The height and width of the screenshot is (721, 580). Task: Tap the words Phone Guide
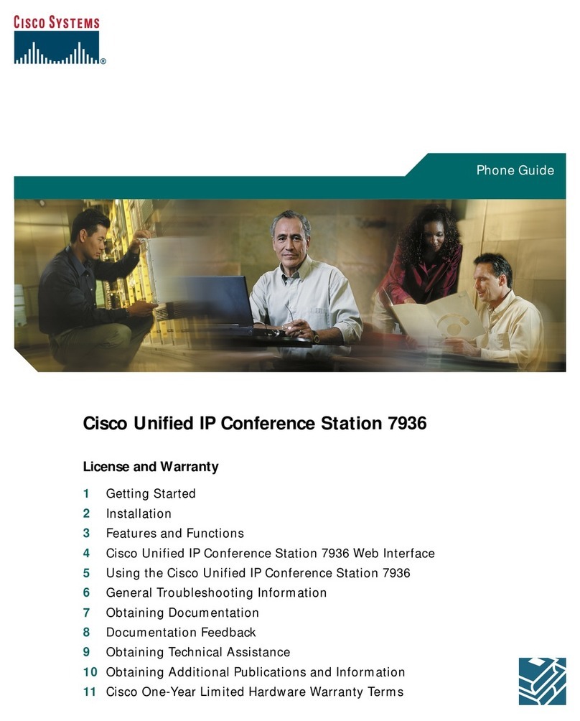(x=515, y=170)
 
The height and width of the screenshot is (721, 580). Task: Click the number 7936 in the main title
(x=407, y=424)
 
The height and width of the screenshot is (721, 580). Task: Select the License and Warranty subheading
(x=151, y=467)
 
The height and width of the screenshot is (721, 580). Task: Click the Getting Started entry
(x=151, y=494)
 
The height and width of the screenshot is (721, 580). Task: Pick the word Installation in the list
(x=139, y=513)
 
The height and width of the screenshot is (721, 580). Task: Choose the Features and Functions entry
(x=174, y=534)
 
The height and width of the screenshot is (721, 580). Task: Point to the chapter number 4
(x=86, y=554)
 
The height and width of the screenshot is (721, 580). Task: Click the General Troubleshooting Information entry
(x=216, y=593)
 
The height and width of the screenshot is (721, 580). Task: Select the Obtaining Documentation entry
(x=182, y=613)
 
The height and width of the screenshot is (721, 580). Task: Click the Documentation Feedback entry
(x=181, y=633)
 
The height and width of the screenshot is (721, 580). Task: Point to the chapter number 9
(x=86, y=653)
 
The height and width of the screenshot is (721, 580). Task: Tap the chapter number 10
(x=89, y=673)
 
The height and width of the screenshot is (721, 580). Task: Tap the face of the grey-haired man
(x=291, y=237)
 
